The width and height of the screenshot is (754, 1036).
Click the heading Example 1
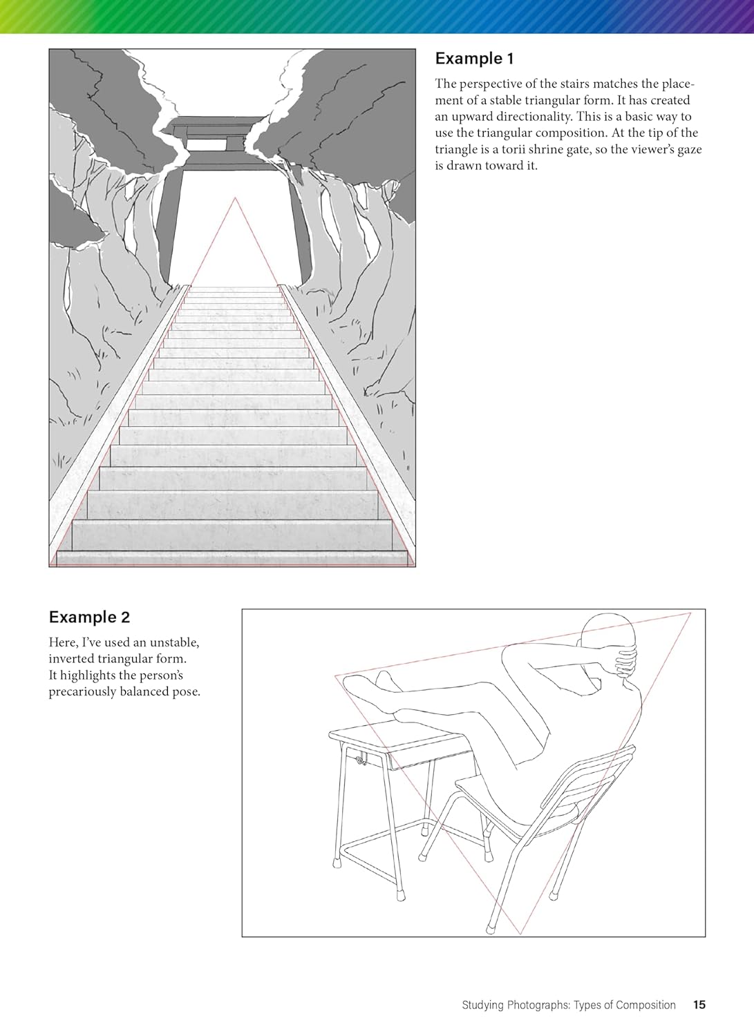tap(474, 59)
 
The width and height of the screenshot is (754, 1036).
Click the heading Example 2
tap(89, 617)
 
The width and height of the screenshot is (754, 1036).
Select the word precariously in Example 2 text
tap(82, 691)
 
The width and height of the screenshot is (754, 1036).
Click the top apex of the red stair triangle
tap(235, 198)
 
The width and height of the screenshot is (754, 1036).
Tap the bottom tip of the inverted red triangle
tap(521, 933)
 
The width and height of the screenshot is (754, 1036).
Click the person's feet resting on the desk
tap(370, 690)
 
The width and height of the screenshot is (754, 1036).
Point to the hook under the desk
tap(362, 758)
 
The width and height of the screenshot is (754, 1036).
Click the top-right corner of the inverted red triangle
tap(690, 613)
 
